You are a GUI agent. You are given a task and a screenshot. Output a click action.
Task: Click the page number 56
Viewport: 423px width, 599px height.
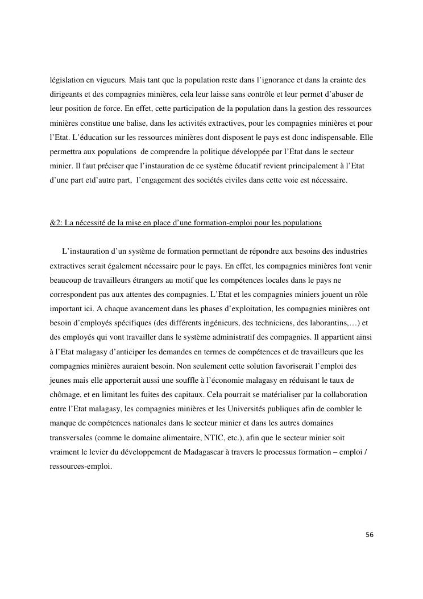370,535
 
